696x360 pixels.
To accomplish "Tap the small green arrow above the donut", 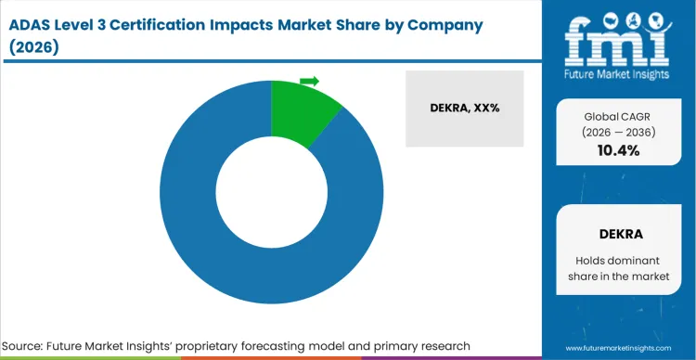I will tap(309, 82).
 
